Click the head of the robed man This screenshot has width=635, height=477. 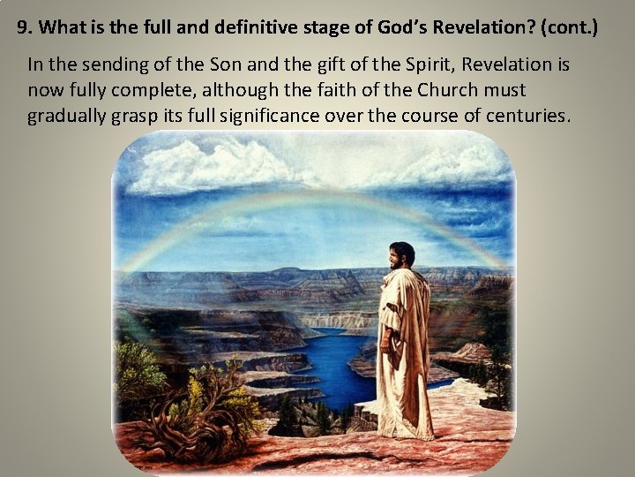pyautogui.click(x=402, y=257)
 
